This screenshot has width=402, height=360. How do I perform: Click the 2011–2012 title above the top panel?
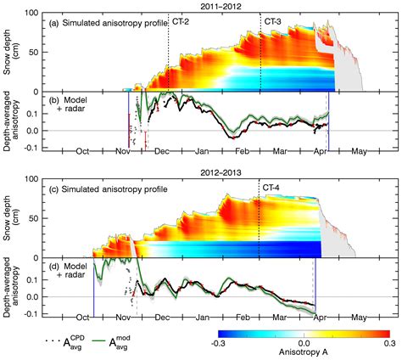[222, 5]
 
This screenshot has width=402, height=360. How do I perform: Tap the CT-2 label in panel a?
[180, 21]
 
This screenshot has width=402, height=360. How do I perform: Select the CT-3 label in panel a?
[272, 21]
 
